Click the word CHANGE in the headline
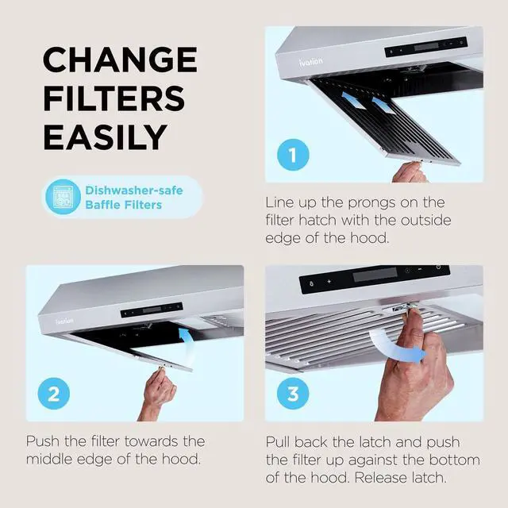[x=119, y=61]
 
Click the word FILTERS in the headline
[x=114, y=99]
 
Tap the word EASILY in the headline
[x=105, y=137]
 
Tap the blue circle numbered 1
[x=293, y=154]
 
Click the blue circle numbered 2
[x=54, y=393]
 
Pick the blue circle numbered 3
[x=293, y=393]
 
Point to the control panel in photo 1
[x=425, y=46]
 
